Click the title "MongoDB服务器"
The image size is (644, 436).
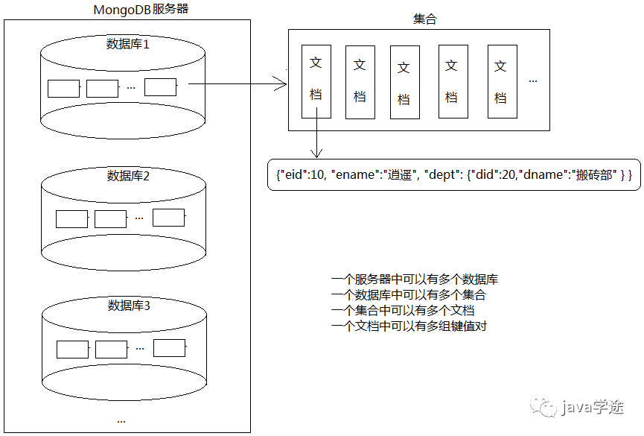tap(141, 10)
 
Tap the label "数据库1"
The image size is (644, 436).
tap(128, 43)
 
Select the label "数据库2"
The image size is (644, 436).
tap(128, 176)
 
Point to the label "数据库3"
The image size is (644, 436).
tap(129, 306)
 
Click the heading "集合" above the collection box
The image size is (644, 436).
tap(424, 19)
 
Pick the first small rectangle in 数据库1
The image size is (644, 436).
tap(64, 89)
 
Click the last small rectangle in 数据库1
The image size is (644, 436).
tap(161, 87)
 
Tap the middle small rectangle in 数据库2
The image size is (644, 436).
tap(110, 219)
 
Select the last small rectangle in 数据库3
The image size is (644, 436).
tap(169, 348)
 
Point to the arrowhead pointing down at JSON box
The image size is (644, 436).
tap(316, 153)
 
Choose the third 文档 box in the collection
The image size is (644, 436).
tap(405, 82)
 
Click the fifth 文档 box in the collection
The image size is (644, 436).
tap(503, 81)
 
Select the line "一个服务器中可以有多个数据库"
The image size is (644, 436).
tap(415, 279)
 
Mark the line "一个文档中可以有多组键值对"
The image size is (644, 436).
tap(409, 326)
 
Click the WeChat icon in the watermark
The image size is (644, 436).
tap(543, 406)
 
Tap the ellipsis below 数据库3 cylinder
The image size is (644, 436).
tap(121, 422)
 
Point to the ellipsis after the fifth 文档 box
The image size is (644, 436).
tap(533, 81)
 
